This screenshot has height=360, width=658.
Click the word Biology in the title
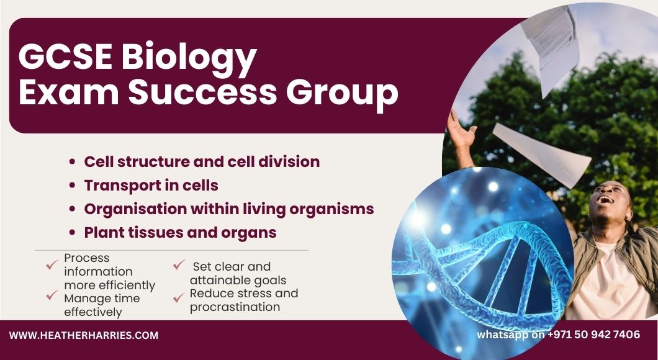(x=189, y=60)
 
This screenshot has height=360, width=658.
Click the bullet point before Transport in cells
(x=73, y=186)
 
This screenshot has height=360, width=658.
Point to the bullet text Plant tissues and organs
(x=181, y=232)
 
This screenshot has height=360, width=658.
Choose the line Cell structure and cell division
(x=202, y=161)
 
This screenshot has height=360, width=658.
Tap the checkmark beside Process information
(x=52, y=265)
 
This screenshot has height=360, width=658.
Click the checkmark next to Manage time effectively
(x=52, y=295)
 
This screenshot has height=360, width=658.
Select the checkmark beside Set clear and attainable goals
(x=179, y=265)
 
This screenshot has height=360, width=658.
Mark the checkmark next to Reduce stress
(x=179, y=297)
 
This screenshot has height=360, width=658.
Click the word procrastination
(x=235, y=307)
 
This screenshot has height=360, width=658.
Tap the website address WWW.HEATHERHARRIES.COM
(x=84, y=336)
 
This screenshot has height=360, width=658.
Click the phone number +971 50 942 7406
(x=594, y=335)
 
